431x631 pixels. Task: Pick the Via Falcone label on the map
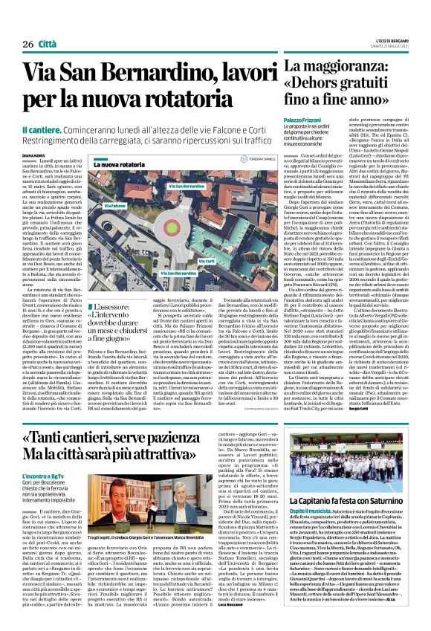pyautogui.click(x=93, y=205)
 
